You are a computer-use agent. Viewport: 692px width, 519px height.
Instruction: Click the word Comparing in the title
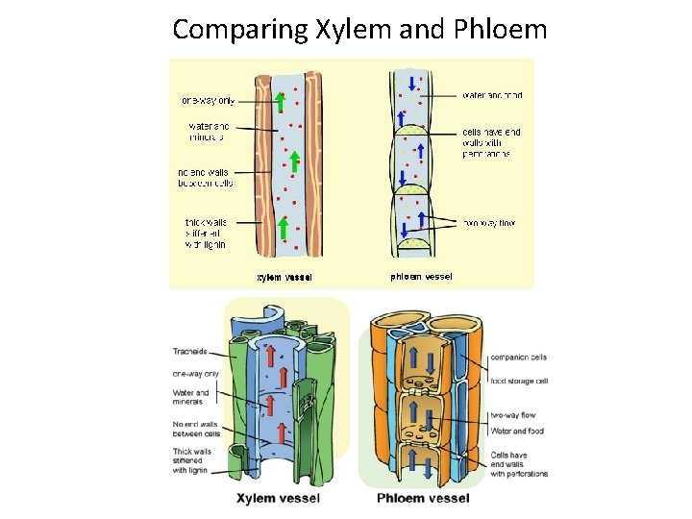tap(239, 29)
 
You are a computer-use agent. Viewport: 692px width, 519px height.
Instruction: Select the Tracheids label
tap(190, 351)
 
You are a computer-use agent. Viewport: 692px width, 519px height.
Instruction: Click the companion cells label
tap(518, 358)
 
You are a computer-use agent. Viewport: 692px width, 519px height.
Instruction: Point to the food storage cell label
tap(518, 382)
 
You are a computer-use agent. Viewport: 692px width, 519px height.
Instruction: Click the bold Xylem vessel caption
tap(279, 498)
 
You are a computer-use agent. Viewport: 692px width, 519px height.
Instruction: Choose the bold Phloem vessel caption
tap(424, 498)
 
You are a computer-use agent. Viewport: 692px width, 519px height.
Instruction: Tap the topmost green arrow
tap(281, 101)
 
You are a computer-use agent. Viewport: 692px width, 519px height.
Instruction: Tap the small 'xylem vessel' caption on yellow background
tap(284, 278)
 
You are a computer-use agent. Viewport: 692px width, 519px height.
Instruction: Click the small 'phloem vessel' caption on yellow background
tap(421, 277)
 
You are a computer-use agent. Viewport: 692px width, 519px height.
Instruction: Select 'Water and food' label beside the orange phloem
tap(516, 431)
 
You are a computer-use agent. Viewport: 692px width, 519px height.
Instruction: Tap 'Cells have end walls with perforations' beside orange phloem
tap(518, 464)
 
